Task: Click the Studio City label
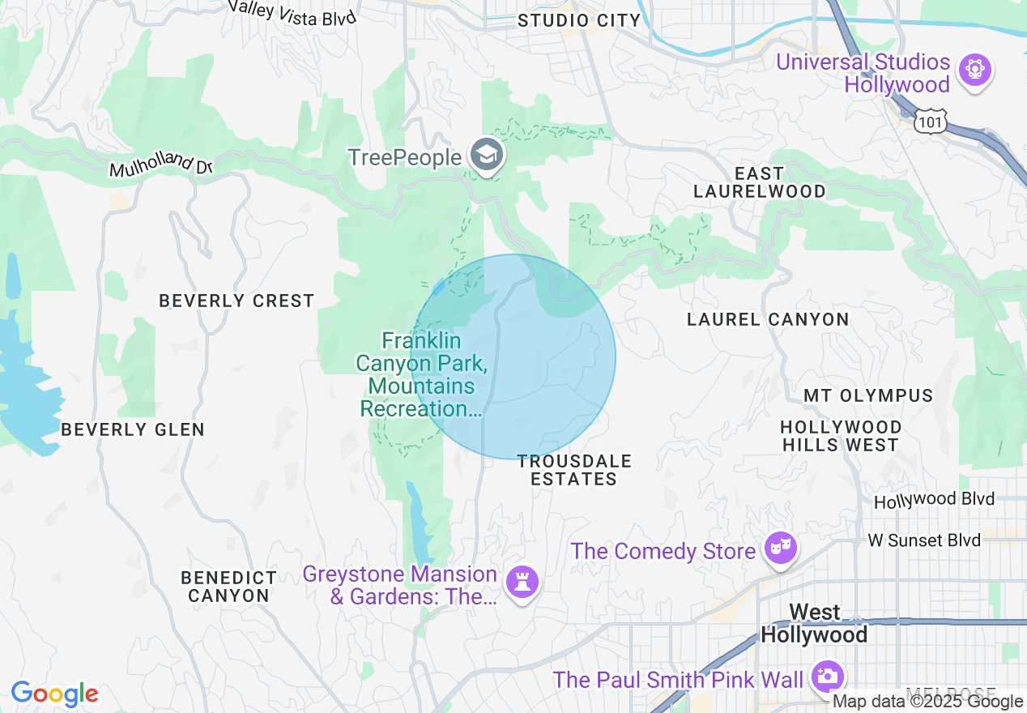click(x=579, y=20)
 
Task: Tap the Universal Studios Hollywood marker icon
click(x=974, y=70)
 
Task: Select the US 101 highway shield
click(x=927, y=122)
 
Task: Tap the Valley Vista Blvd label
click(x=292, y=11)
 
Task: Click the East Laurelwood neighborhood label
click(x=760, y=182)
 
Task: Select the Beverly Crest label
click(x=237, y=301)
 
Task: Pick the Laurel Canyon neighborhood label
click(x=768, y=319)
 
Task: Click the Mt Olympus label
click(x=868, y=396)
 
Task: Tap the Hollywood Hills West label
click(x=841, y=436)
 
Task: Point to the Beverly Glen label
click(x=133, y=429)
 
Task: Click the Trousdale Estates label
click(x=573, y=470)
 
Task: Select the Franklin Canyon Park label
click(x=422, y=374)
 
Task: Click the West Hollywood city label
click(x=814, y=623)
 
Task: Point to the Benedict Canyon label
click(x=228, y=587)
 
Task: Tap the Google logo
click(x=55, y=694)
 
